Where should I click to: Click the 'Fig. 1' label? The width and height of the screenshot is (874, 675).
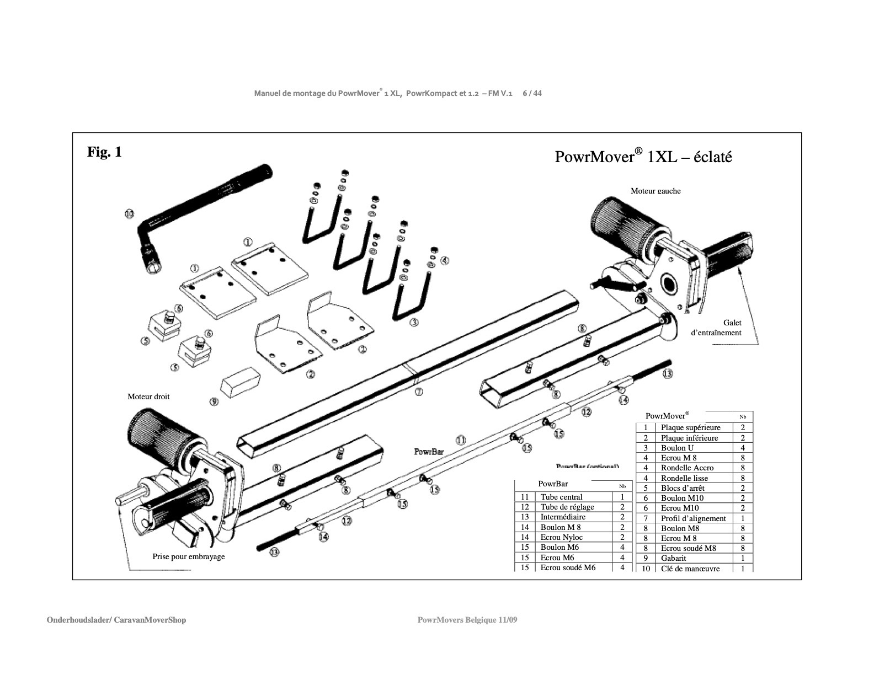tap(104, 152)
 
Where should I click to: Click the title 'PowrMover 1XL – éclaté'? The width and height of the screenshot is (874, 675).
tap(643, 157)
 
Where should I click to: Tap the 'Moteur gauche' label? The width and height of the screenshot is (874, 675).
tap(655, 191)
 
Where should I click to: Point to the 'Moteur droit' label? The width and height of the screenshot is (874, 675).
tap(148, 397)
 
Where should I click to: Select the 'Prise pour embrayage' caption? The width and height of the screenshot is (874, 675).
tap(189, 556)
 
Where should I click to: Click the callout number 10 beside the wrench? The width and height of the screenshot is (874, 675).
tap(129, 213)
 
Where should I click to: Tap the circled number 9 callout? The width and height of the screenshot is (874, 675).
tap(214, 402)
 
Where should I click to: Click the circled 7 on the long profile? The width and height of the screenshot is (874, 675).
tap(419, 392)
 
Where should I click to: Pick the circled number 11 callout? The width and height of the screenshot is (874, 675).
tap(461, 440)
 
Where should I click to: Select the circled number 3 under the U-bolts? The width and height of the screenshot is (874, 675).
tap(414, 322)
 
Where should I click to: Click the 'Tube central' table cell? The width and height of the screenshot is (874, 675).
tap(561, 497)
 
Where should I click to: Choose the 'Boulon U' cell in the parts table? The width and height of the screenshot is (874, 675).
tap(677, 448)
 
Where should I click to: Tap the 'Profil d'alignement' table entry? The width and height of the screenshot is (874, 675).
tap(693, 518)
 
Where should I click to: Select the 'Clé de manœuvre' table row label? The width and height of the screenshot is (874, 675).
tap(690, 569)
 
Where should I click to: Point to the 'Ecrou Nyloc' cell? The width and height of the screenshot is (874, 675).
tap(561, 537)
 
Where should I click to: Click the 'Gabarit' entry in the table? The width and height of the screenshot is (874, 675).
tap(674, 558)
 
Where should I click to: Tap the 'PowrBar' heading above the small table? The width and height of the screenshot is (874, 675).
tap(553, 484)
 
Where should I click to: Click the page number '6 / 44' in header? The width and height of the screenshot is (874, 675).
tap(532, 93)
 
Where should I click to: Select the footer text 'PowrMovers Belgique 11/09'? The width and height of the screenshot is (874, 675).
tap(467, 620)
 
